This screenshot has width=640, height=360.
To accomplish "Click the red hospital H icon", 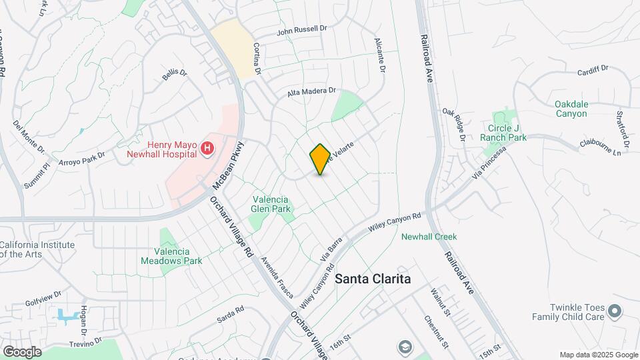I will [x=208, y=148].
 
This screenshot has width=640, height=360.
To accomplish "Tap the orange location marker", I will [x=320, y=159].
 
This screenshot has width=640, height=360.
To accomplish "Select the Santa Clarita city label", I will [x=372, y=279].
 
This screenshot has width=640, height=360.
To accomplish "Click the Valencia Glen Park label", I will [x=269, y=204].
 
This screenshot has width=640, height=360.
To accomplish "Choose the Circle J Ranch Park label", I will [x=503, y=133].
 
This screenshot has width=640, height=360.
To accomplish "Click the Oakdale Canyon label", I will [x=571, y=109].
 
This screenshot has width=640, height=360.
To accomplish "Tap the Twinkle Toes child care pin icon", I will [x=615, y=310].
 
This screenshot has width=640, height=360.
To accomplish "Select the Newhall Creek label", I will [x=429, y=236].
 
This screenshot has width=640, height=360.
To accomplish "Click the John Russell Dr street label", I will [x=303, y=30].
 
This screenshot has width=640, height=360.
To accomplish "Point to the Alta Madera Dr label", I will [x=311, y=93].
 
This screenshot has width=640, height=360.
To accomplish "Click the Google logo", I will [x=22, y=351].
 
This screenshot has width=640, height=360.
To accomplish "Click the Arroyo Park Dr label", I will [x=83, y=161].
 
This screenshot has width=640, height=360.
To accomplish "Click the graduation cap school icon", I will [x=404, y=347].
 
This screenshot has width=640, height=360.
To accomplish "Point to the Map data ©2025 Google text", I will [x=597, y=355].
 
